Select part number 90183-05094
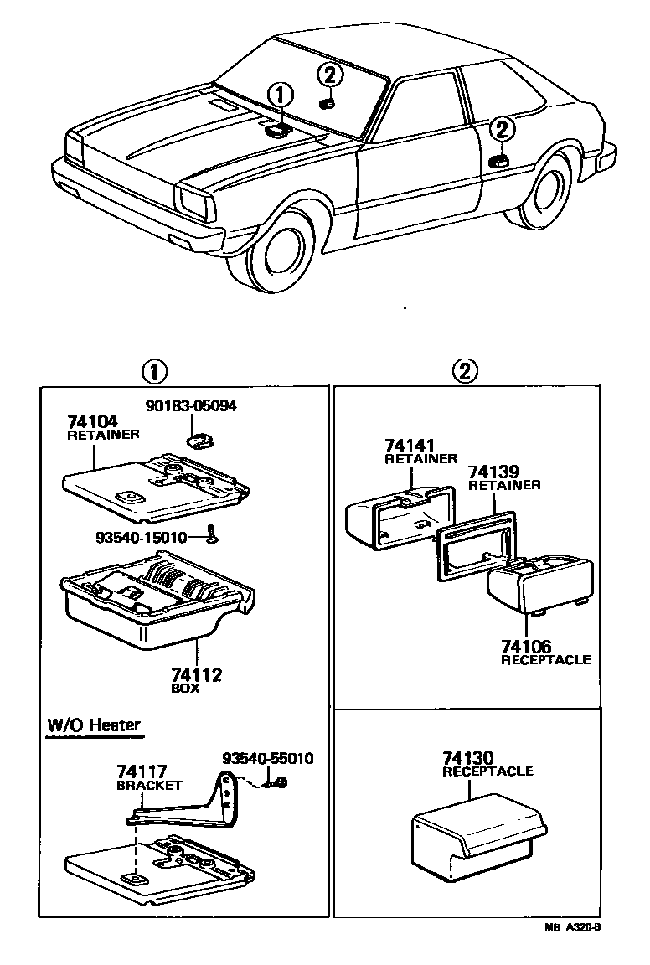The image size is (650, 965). click(190, 406)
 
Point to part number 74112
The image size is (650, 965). click(196, 675)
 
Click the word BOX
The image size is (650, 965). click(185, 689)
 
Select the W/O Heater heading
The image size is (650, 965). click(94, 725)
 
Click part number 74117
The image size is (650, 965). click(142, 772)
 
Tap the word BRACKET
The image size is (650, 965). click(149, 786)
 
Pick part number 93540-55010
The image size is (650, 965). click(268, 759)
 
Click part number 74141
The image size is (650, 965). click(410, 446)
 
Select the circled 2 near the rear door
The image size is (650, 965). click(501, 130)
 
